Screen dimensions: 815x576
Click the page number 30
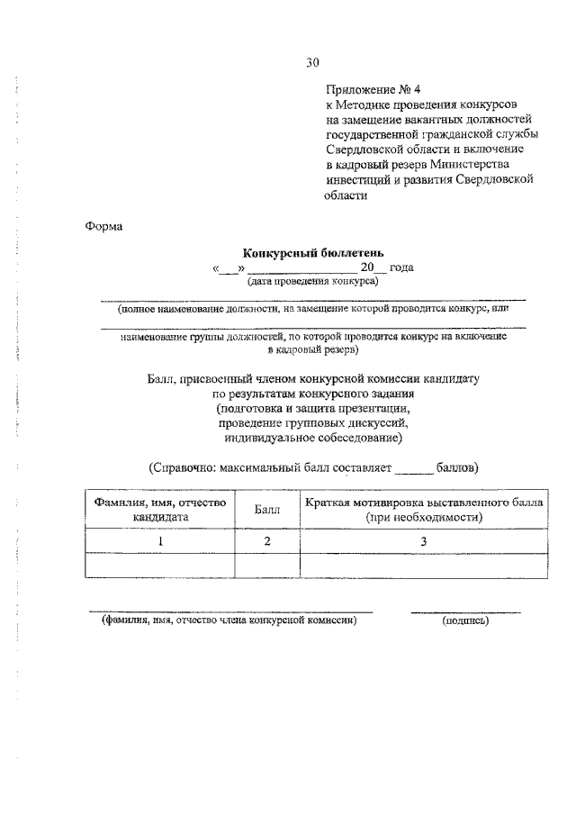coord(312,62)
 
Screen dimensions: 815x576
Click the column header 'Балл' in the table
coord(266,510)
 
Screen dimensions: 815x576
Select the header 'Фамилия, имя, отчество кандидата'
coord(159,510)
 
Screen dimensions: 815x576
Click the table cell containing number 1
coord(159,540)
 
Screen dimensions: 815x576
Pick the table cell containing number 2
coord(266,540)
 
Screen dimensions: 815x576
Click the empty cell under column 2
coord(266,565)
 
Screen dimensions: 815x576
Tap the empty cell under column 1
coord(159,565)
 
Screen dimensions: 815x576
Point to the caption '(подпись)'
coord(465,620)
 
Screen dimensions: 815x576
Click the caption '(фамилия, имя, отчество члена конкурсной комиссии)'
coord(229,620)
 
